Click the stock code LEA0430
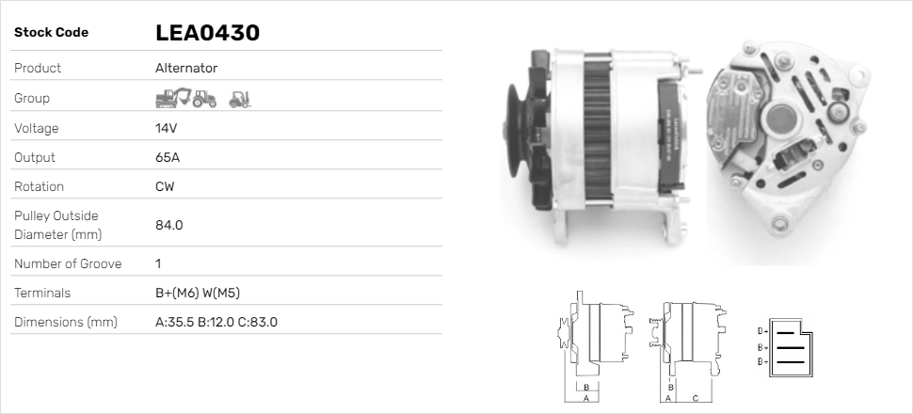(207, 33)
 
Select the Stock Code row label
(51, 33)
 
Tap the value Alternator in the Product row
(186, 69)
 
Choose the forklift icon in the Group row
(240, 98)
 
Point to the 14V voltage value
(167, 128)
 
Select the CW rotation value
(165, 186)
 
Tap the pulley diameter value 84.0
(168, 225)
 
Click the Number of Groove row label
(68, 263)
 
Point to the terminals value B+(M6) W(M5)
(203, 293)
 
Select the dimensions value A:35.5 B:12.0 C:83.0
(216, 323)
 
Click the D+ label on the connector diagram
(762, 331)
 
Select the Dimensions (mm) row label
(65, 323)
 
